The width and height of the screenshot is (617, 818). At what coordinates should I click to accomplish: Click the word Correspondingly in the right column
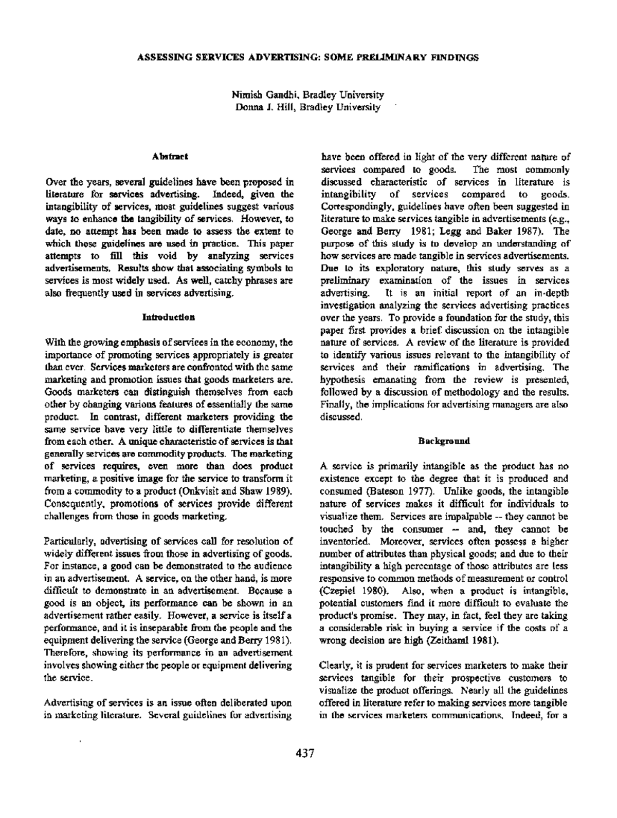tap(351, 206)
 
